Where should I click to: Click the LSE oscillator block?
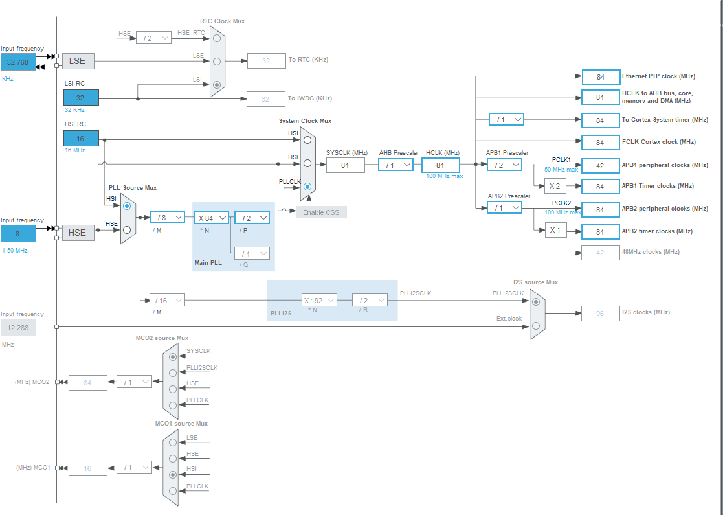click(77, 62)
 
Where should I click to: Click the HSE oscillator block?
click(77, 233)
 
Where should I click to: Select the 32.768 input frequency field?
click(18, 62)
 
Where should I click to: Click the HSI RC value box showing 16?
click(81, 139)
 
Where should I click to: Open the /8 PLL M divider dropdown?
click(167, 218)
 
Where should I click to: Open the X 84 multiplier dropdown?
click(211, 218)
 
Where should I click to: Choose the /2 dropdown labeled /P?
click(252, 218)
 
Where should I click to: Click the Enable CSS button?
click(322, 212)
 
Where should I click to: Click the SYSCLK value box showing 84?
click(345, 165)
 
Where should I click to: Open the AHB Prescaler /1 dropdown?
click(396, 165)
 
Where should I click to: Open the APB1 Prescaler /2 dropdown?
click(504, 165)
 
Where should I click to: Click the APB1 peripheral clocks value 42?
click(601, 165)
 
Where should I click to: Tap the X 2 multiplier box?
click(555, 187)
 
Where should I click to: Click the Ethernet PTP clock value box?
click(601, 77)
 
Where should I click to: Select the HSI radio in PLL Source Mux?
click(127, 206)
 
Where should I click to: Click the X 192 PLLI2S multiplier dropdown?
click(319, 300)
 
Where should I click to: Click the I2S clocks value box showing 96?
click(600, 314)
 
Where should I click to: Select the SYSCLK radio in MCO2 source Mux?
click(173, 356)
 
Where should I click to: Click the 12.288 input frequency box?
click(18, 328)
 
